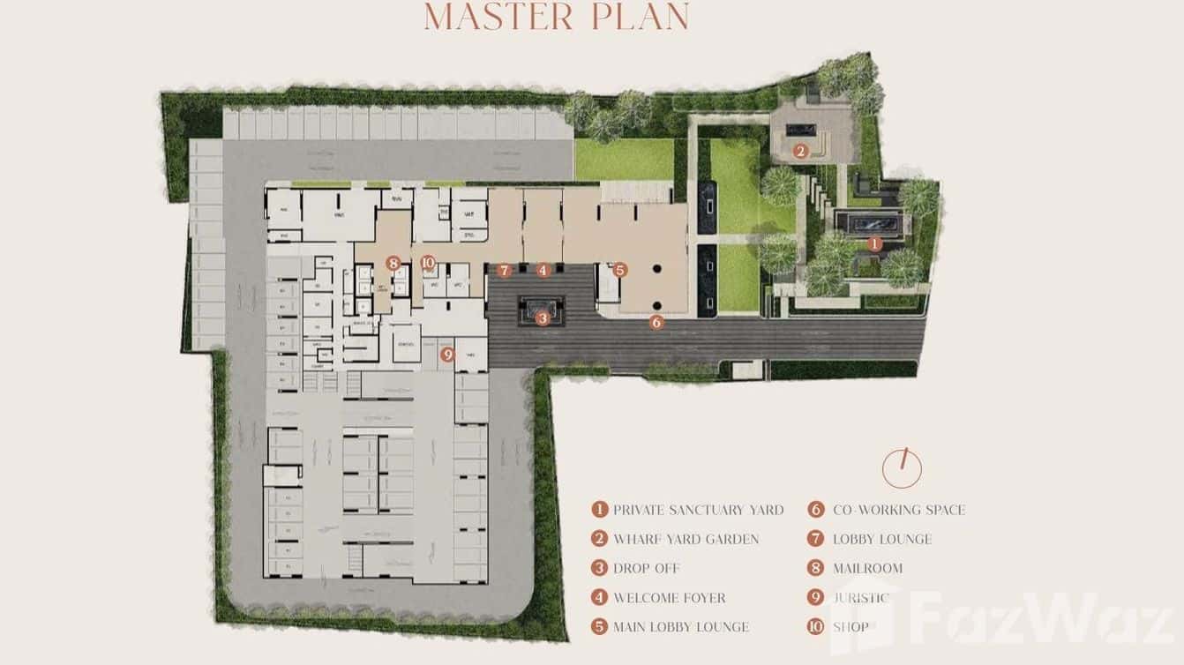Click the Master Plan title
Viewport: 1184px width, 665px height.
pyautogui.click(x=556, y=18)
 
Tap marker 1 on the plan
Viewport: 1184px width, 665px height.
pyautogui.click(x=874, y=243)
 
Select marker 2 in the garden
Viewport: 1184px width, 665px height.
pyautogui.click(x=800, y=151)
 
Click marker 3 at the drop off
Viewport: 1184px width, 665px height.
pyautogui.click(x=543, y=318)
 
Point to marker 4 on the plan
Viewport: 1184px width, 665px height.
pyautogui.click(x=543, y=270)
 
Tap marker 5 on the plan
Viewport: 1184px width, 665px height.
pyautogui.click(x=620, y=270)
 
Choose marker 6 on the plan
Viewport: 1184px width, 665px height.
pyautogui.click(x=656, y=323)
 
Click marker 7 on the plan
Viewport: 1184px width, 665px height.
pyautogui.click(x=504, y=270)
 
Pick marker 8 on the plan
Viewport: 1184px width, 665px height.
pyautogui.click(x=393, y=263)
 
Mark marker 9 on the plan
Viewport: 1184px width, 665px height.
pyautogui.click(x=447, y=355)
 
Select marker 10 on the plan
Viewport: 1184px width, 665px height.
pyautogui.click(x=428, y=263)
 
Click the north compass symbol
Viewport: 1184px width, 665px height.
pyautogui.click(x=902, y=467)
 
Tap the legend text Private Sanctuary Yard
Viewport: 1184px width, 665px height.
pyautogui.click(x=698, y=510)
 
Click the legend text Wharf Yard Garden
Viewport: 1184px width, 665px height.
pyautogui.click(x=686, y=539)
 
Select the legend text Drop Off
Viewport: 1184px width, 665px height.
pyautogui.click(x=647, y=569)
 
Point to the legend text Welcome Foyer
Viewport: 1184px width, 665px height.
pyautogui.click(x=670, y=598)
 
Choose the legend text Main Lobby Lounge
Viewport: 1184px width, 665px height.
pyautogui.click(x=681, y=627)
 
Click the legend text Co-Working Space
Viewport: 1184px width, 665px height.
pyautogui.click(x=899, y=510)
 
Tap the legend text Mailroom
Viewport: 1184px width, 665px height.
pyautogui.click(x=867, y=569)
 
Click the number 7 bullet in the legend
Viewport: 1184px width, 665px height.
pyautogui.click(x=816, y=539)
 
